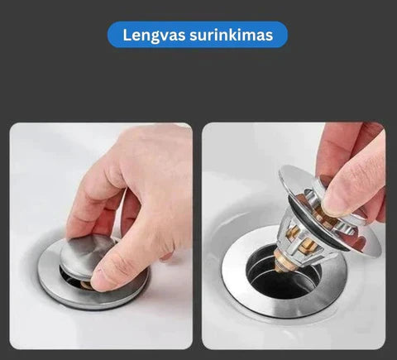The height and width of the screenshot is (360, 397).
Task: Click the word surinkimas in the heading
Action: point(231,35)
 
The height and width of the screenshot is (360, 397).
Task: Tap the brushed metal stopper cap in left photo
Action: point(88,255)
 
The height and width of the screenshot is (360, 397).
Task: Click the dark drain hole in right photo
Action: point(283,280)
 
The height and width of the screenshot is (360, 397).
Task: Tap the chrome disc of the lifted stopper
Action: point(329,209)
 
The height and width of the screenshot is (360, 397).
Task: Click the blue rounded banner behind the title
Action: point(198,35)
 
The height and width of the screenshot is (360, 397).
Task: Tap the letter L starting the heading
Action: point(127,35)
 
